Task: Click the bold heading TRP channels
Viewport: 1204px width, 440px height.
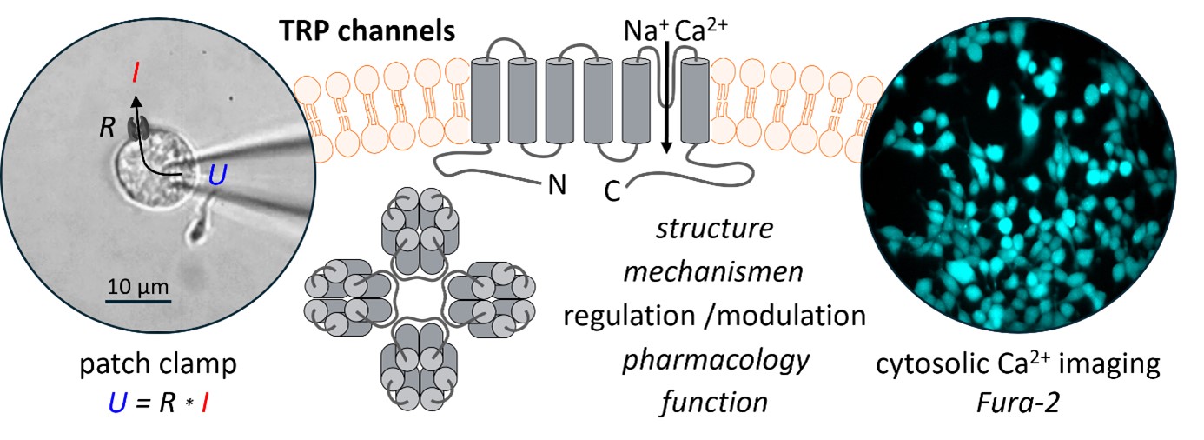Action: pyautogui.click(x=367, y=31)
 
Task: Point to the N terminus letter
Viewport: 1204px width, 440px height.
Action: pyautogui.click(x=554, y=185)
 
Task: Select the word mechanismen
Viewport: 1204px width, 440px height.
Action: pyautogui.click(x=714, y=272)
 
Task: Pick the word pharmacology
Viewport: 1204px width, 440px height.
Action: pyautogui.click(x=714, y=357)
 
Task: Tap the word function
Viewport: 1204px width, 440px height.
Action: pyautogui.click(x=714, y=401)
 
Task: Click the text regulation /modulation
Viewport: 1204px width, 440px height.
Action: pyautogui.click(x=714, y=315)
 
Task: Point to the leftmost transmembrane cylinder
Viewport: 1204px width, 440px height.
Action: pyautogui.click(x=487, y=101)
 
